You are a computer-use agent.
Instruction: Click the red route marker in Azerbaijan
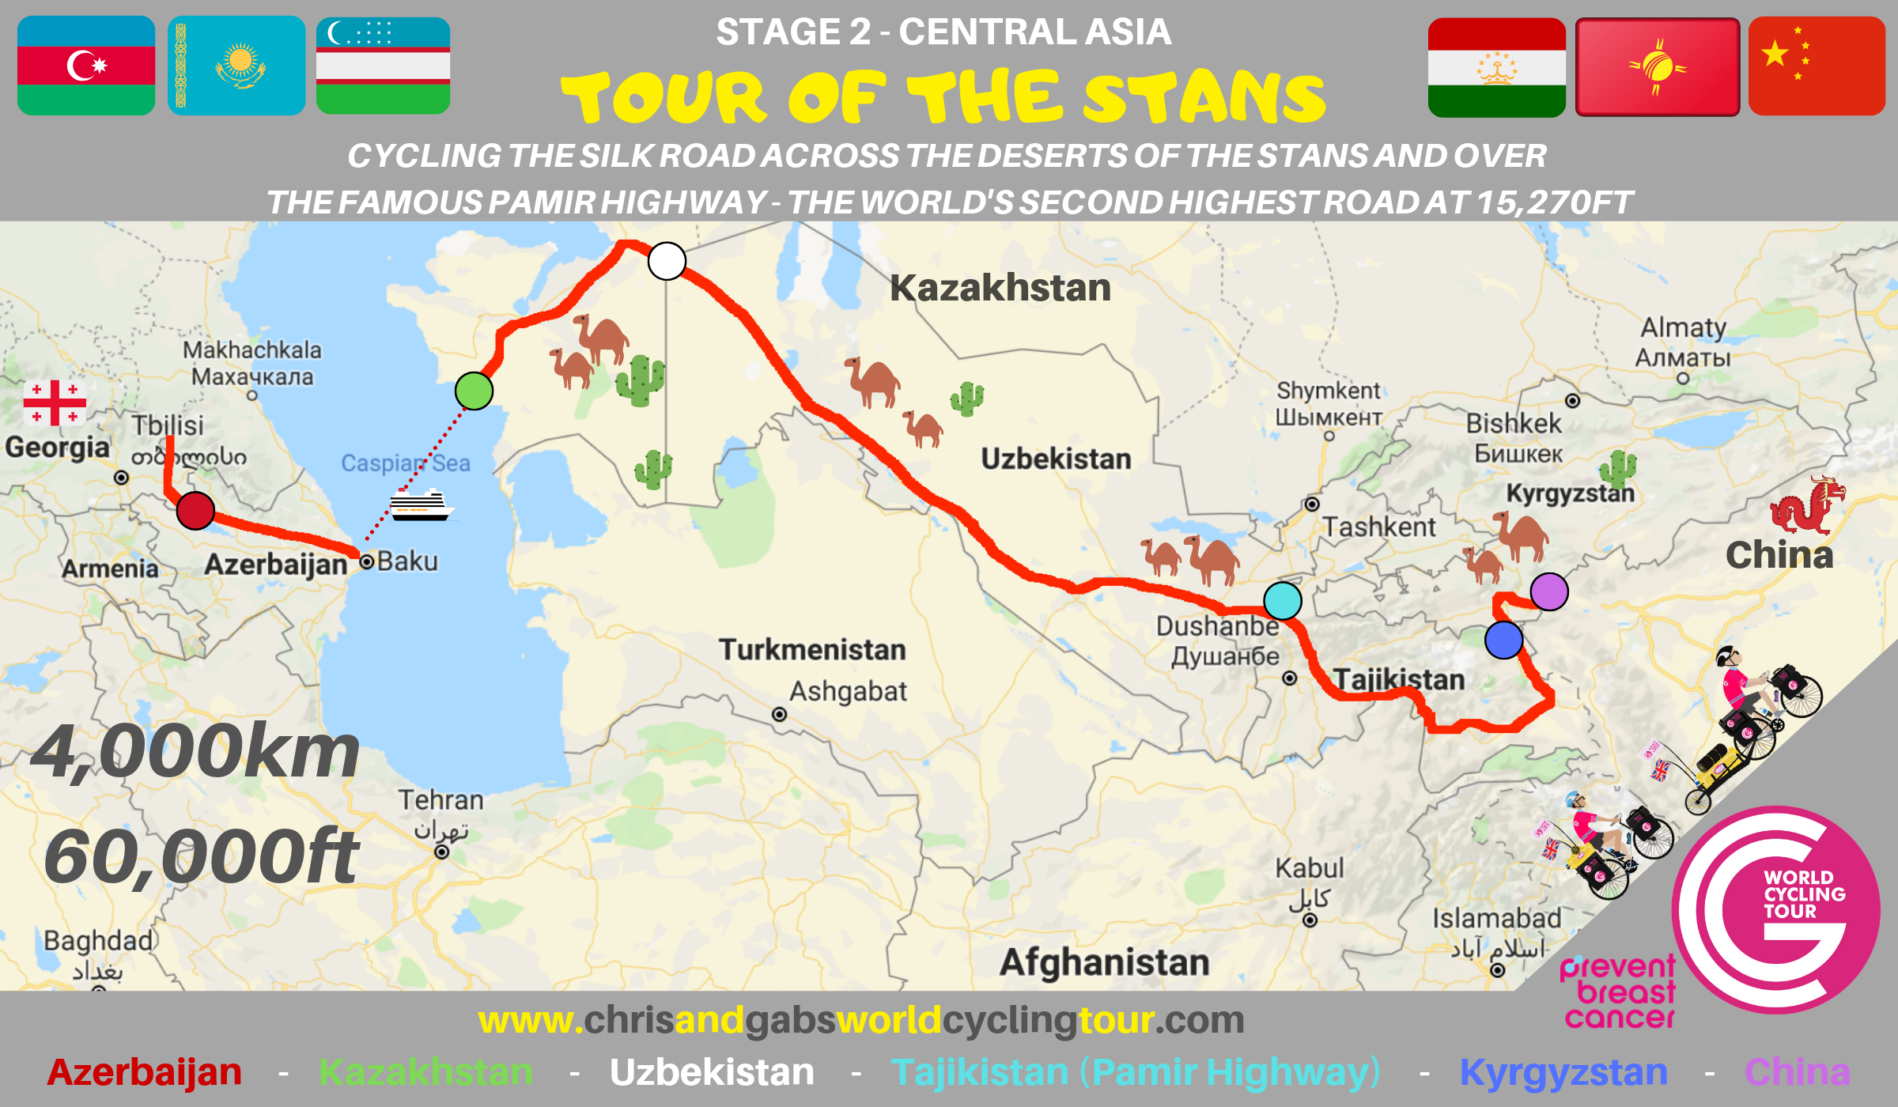click(x=195, y=510)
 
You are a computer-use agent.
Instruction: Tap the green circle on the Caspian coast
click(x=474, y=391)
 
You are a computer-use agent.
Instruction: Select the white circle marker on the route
click(x=667, y=261)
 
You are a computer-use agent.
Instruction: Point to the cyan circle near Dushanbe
click(x=1282, y=600)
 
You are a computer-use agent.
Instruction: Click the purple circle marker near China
click(x=1548, y=591)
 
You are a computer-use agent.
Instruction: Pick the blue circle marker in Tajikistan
click(x=1503, y=640)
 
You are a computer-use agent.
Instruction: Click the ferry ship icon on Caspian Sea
click(x=421, y=504)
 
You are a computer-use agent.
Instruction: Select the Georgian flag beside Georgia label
click(x=55, y=402)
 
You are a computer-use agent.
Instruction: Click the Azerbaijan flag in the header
click(x=86, y=66)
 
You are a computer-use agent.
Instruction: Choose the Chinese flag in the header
click(x=1817, y=66)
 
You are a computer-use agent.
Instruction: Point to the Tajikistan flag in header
click(x=1496, y=67)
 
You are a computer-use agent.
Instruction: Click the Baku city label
click(x=406, y=561)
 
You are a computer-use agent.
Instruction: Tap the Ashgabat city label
click(x=848, y=692)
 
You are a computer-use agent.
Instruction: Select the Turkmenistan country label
click(x=812, y=650)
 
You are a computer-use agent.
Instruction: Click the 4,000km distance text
click(x=195, y=753)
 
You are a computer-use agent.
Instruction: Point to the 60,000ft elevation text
click(x=202, y=857)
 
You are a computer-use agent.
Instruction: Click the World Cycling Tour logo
click(x=1776, y=909)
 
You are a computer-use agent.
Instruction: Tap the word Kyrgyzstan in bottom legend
click(x=1563, y=1072)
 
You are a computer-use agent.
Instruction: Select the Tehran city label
click(x=440, y=800)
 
